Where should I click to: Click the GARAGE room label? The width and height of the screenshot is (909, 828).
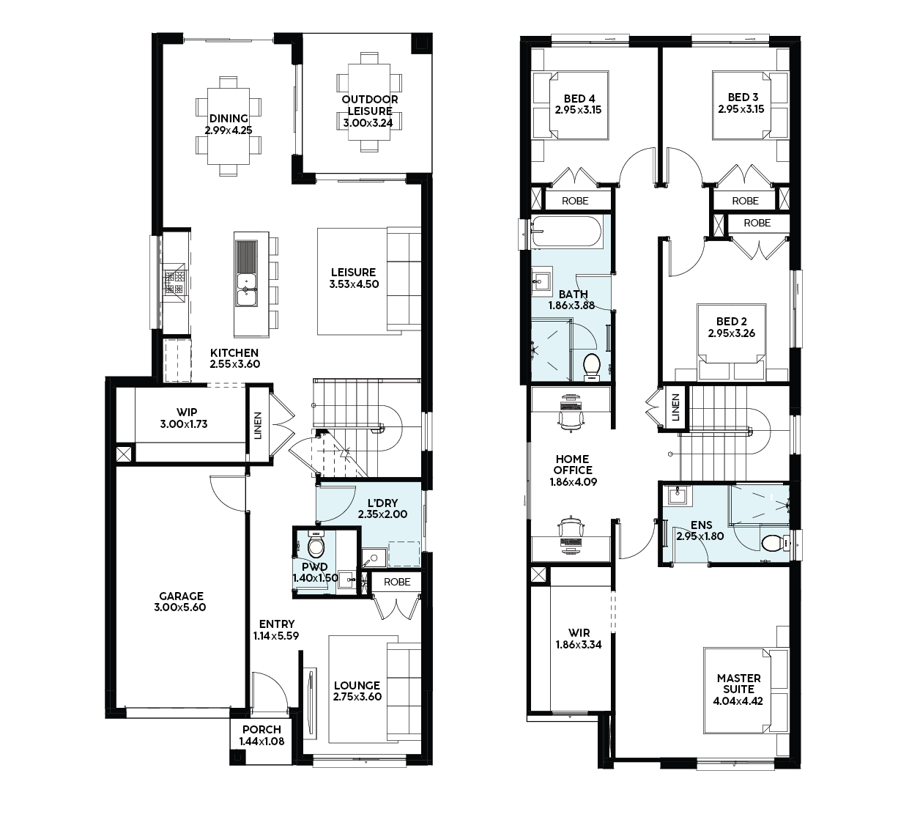pyautogui.click(x=181, y=596)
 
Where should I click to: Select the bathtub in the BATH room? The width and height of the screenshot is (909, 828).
pyautogui.click(x=566, y=232)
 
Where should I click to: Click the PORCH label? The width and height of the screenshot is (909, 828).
pyautogui.click(x=261, y=730)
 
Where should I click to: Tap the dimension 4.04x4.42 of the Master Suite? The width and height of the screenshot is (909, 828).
pyautogui.click(x=738, y=701)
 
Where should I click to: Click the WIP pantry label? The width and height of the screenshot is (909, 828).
pyautogui.click(x=187, y=413)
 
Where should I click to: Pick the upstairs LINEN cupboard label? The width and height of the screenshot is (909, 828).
pyautogui.click(x=676, y=407)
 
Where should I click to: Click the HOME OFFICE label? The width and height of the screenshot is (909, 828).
pyautogui.click(x=572, y=465)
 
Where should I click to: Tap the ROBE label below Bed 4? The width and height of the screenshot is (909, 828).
pyautogui.click(x=575, y=201)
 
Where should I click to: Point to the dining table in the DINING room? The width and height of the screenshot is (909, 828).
pyautogui.click(x=229, y=126)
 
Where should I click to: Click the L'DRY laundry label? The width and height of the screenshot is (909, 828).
pyautogui.click(x=382, y=503)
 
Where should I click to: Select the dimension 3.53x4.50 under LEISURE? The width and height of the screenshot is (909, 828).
pyautogui.click(x=354, y=284)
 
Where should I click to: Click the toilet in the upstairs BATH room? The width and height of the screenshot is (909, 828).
pyautogui.click(x=592, y=366)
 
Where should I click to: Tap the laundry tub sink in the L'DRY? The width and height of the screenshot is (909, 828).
pyautogui.click(x=374, y=558)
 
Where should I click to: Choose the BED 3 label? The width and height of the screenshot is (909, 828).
pyautogui.click(x=743, y=97)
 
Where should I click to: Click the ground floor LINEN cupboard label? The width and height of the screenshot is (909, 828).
pyautogui.click(x=258, y=425)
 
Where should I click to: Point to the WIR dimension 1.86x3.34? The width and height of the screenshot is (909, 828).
pyautogui.click(x=579, y=644)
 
